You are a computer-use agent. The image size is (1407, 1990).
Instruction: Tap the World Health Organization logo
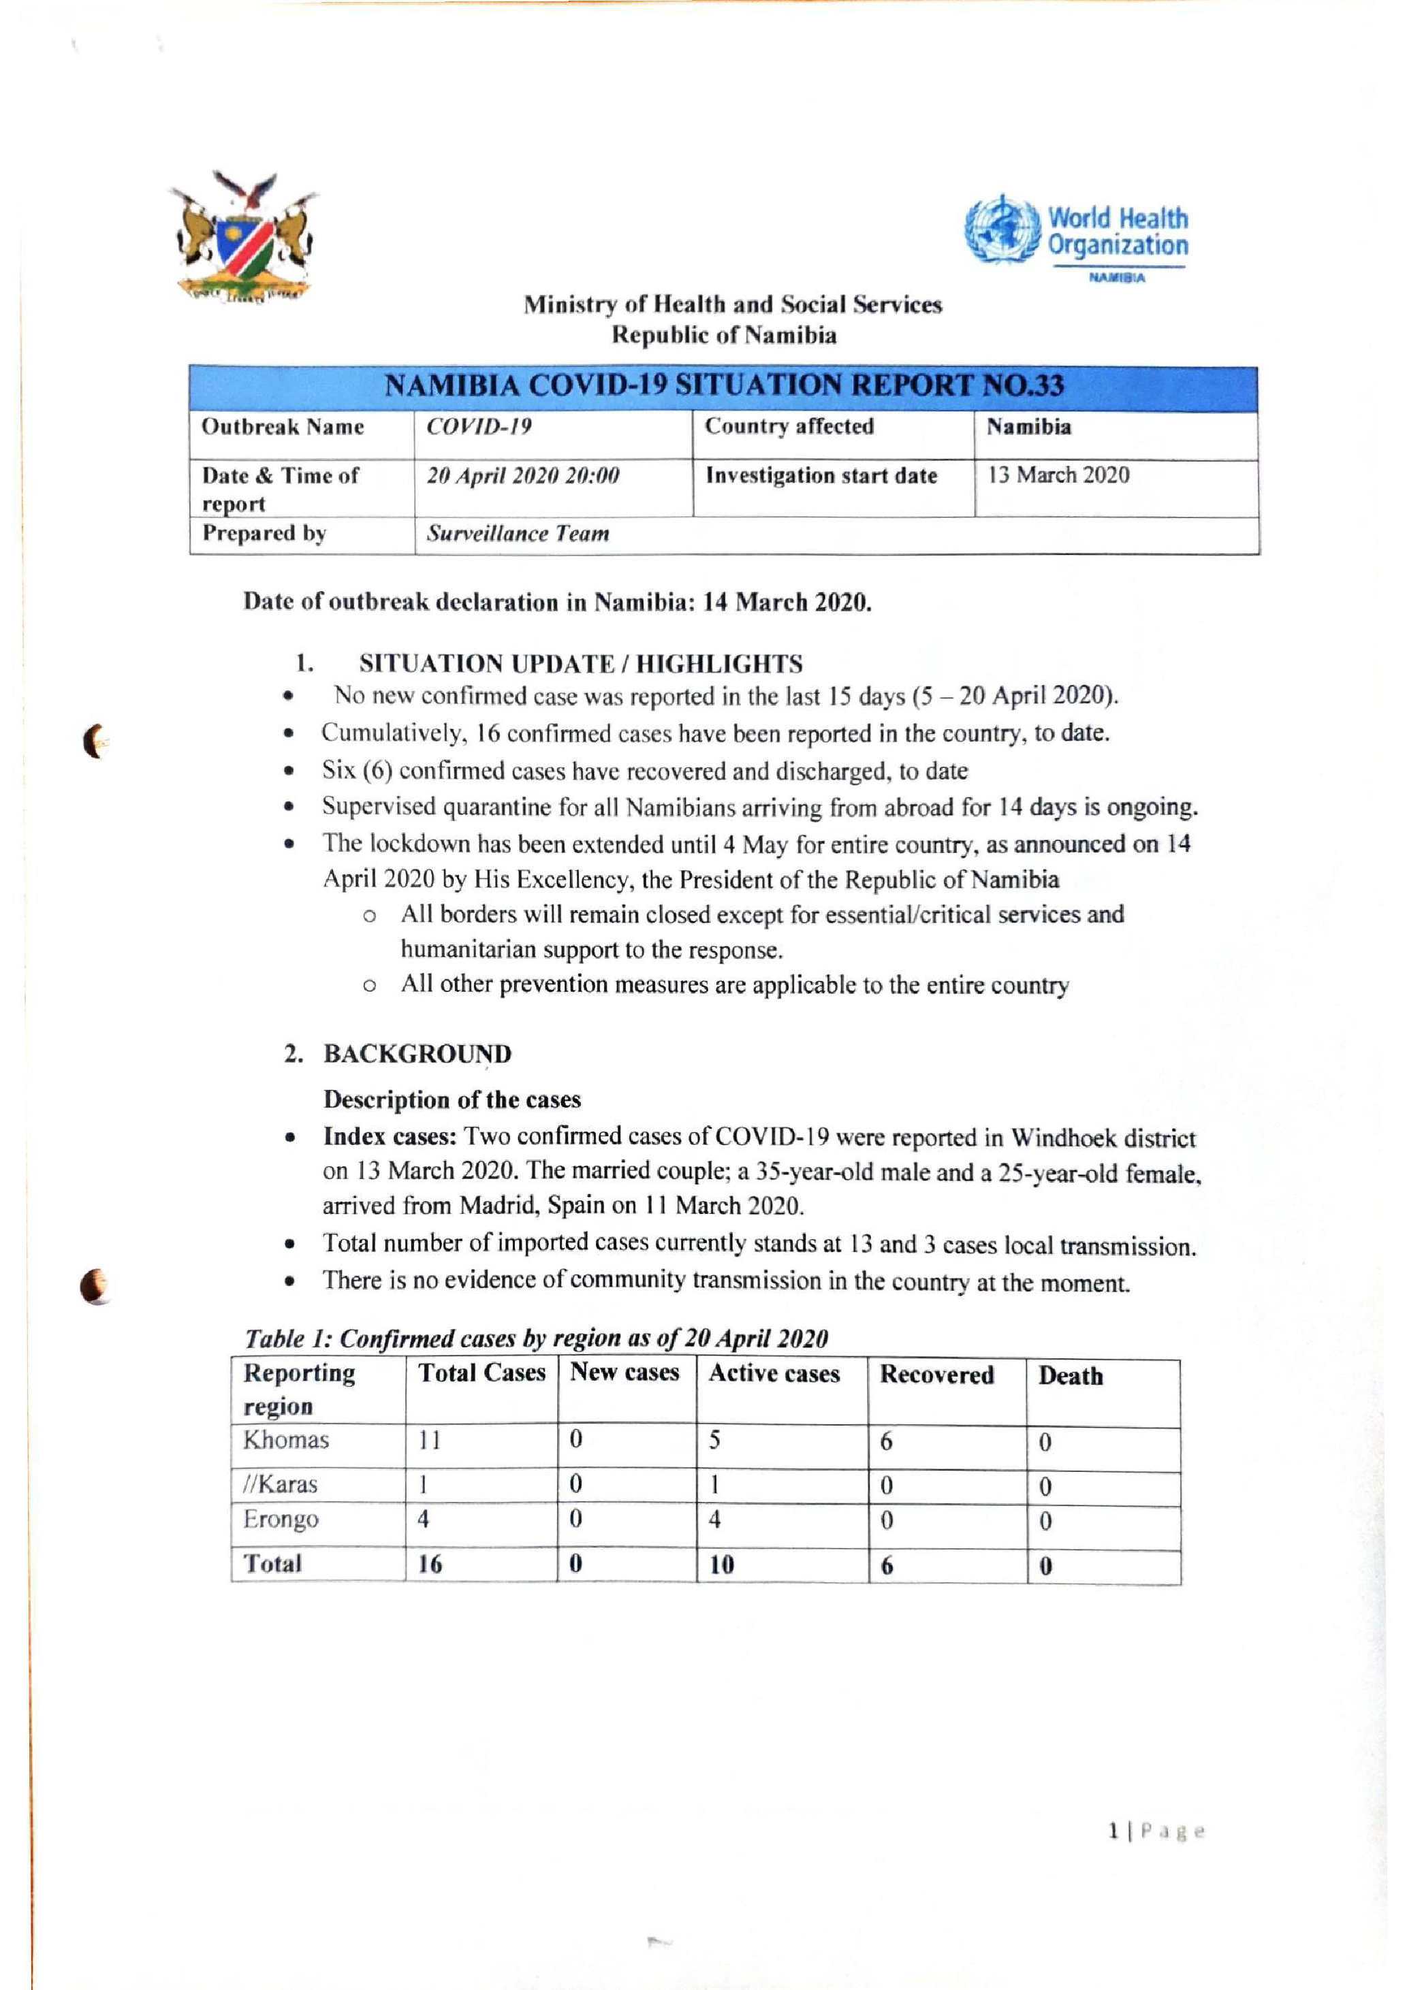1077,235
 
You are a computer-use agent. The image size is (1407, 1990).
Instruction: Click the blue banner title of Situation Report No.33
723,386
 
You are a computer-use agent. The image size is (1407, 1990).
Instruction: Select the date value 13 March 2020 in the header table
1058,475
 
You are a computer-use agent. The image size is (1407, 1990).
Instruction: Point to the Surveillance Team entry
518,534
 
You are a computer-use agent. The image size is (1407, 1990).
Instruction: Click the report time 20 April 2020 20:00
523,476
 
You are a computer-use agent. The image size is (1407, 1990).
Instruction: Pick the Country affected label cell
789,426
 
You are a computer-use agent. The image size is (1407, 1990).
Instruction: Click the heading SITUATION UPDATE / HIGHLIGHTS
580,664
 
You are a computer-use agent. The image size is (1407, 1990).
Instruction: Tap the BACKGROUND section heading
417,1054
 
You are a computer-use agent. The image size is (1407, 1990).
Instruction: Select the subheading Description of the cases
452,1100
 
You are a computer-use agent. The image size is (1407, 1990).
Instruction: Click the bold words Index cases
390,1136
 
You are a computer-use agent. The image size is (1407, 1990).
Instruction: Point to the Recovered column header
936,1375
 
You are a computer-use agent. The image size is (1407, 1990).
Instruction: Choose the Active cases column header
774,1374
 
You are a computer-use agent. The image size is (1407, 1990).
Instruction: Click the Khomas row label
286,1441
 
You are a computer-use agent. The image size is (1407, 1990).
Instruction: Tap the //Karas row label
280,1485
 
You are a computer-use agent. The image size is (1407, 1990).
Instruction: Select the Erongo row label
281,1520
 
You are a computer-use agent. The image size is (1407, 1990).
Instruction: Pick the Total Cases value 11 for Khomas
430,1441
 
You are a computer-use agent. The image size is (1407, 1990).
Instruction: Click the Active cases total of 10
721,1564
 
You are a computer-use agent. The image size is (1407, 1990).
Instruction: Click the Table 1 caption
536,1338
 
